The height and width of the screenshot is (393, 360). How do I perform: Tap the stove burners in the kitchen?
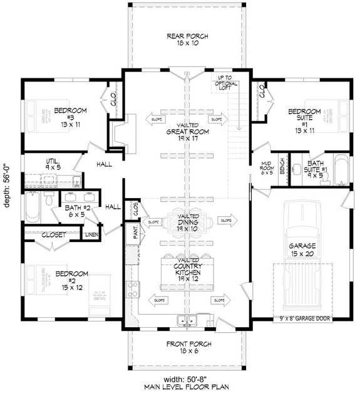pos(133,290)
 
